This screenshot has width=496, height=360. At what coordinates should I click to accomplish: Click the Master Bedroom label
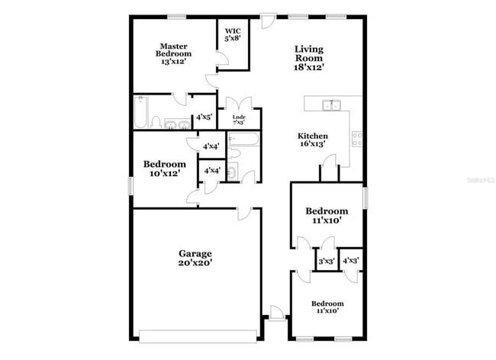click(173, 53)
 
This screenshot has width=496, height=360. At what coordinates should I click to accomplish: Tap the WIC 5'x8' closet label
click(233, 35)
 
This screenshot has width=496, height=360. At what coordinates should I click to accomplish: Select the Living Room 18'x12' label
click(309, 58)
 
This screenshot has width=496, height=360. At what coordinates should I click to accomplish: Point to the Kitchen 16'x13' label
click(313, 140)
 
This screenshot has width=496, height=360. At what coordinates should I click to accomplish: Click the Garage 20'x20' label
click(195, 258)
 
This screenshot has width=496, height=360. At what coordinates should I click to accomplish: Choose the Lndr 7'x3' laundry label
click(239, 120)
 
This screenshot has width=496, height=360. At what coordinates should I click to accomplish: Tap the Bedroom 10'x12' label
click(165, 169)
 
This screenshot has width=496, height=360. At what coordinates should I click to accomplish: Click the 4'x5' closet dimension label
click(204, 117)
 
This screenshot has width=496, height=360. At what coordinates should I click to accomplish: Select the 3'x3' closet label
click(327, 262)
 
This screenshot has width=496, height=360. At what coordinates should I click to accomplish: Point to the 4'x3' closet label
click(350, 260)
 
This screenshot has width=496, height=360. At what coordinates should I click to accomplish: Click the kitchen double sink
click(331, 105)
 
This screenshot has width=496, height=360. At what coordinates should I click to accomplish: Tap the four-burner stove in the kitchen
click(357, 139)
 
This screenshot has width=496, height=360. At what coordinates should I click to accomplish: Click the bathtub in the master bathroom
click(140, 112)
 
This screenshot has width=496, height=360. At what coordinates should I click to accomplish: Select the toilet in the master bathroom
click(156, 123)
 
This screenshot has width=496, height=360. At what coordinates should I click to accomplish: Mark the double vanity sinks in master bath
click(177, 124)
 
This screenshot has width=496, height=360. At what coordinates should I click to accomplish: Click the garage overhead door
click(198, 336)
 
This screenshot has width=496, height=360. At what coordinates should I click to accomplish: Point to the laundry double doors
click(239, 103)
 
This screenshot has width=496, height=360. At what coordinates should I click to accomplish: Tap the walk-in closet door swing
click(223, 58)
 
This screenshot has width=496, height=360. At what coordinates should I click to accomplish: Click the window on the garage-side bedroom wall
click(130, 186)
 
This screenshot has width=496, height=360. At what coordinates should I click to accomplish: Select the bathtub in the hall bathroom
click(244, 139)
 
